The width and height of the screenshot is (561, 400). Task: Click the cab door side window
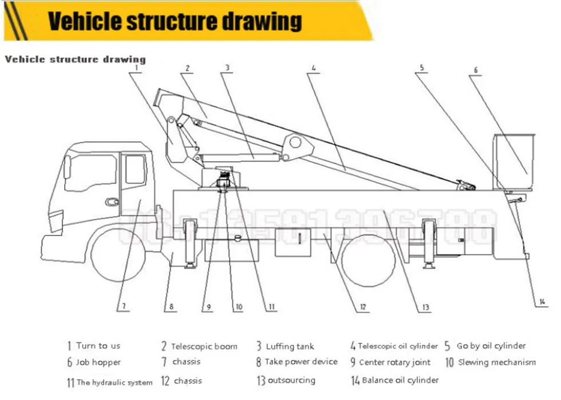click(x=135, y=169)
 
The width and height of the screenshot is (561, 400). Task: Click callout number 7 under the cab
click(x=121, y=307)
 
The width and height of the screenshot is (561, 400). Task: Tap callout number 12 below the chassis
click(x=362, y=307)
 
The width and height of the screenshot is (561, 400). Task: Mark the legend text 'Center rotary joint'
click(x=394, y=362)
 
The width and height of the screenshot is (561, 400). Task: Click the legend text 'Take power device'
click(x=301, y=362)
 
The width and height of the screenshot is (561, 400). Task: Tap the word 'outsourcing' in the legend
click(x=291, y=380)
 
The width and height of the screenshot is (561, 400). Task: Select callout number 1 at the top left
click(x=136, y=67)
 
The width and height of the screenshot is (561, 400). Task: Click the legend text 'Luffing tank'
click(x=290, y=346)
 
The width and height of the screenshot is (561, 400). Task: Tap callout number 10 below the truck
click(x=238, y=307)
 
